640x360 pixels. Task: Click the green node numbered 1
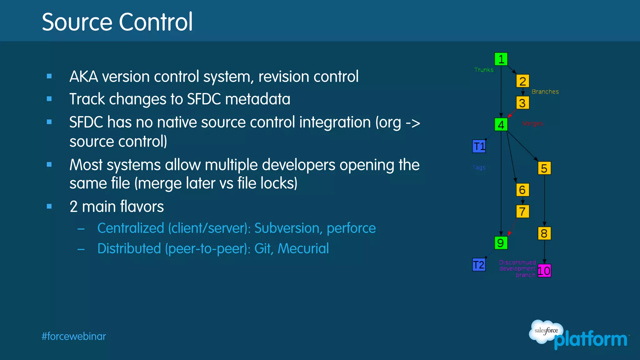pyautogui.click(x=501, y=59)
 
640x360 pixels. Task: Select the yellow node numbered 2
pyautogui.click(x=522, y=81)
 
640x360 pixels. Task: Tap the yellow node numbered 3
pyautogui.click(x=522, y=103)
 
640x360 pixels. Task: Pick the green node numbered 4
pyautogui.click(x=501, y=125)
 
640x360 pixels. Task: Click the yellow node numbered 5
pyautogui.click(x=544, y=168)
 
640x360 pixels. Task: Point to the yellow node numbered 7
pyautogui.click(x=522, y=211)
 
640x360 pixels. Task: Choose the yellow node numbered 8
pyautogui.click(x=544, y=233)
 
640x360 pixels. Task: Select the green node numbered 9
pyautogui.click(x=501, y=243)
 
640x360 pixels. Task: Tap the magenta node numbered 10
pyautogui.click(x=544, y=271)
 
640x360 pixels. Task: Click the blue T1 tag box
pyautogui.click(x=479, y=146)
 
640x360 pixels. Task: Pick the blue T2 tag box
pyautogui.click(x=479, y=265)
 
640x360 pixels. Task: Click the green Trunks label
pyautogui.click(x=484, y=70)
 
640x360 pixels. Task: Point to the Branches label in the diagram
pyautogui.click(x=545, y=92)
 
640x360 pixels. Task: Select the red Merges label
pyautogui.click(x=533, y=124)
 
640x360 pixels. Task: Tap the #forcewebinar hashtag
pyautogui.click(x=74, y=337)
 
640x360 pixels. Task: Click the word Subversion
pyautogui.click(x=288, y=228)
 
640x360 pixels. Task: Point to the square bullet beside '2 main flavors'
pyautogui.click(x=49, y=206)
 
